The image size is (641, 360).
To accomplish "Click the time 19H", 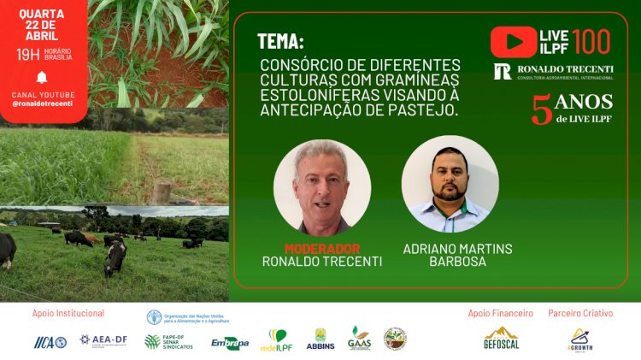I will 28,55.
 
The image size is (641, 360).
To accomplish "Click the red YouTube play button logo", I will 514,41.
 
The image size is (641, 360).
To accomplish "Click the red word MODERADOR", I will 321,249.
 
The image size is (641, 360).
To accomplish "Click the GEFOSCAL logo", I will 502,339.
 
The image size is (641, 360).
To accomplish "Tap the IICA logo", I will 50,341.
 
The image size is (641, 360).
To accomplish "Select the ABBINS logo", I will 320,339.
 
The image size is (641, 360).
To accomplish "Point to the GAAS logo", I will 359,338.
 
